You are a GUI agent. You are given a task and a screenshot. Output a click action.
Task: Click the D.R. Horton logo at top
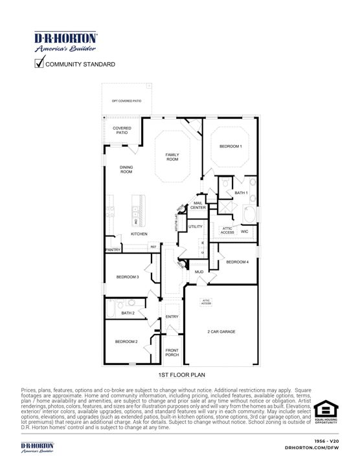(x=65, y=41)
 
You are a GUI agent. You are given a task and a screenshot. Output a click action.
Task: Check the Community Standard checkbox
(x=39, y=63)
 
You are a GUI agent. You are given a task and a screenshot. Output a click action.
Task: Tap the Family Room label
(x=172, y=157)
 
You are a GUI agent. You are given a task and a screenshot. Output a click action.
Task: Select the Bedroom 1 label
(x=231, y=146)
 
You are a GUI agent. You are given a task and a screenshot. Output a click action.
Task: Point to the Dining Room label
(x=126, y=170)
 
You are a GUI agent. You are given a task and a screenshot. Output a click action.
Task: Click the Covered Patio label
(x=122, y=130)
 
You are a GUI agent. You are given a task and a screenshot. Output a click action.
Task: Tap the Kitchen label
(x=139, y=234)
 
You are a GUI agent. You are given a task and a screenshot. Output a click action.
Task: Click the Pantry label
(x=113, y=249)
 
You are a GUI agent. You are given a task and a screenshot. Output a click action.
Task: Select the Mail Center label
(x=198, y=205)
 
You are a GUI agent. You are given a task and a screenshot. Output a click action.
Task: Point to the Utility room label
(x=196, y=227)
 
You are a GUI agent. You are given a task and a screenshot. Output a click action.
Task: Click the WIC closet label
(x=245, y=230)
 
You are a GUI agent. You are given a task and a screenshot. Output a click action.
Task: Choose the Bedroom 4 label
(x=237, y=261)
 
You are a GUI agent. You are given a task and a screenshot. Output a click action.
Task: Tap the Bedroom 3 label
(x=128, y=277)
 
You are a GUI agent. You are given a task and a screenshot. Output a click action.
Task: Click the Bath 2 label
(x=128, y=313)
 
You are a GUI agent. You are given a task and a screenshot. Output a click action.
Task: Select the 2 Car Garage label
(x=221, y=331)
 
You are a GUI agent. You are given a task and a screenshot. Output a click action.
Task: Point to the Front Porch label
(x=172, y=353)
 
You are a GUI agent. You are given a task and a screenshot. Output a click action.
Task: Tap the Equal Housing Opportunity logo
(x=326, y=412)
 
